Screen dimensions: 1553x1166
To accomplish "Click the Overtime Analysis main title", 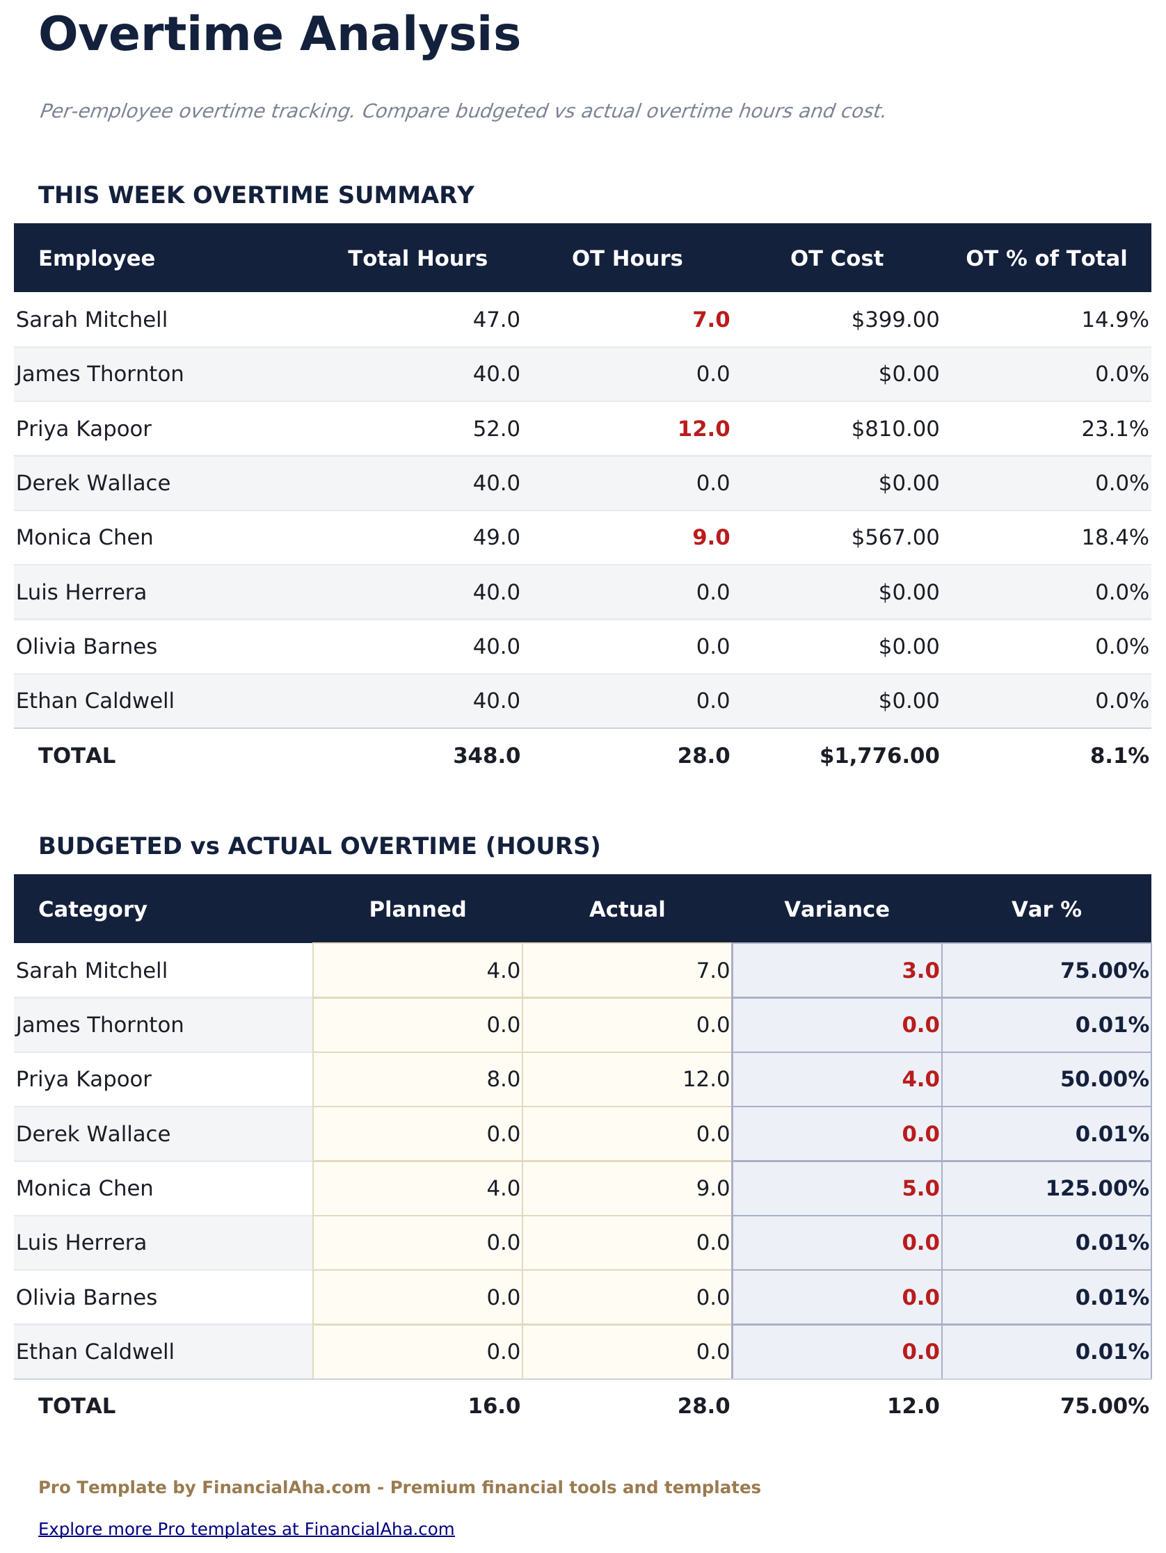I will (x=280, y=35).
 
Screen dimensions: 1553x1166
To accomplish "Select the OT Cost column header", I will (x=836, y=258).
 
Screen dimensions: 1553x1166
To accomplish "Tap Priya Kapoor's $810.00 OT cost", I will (x=895, y=429).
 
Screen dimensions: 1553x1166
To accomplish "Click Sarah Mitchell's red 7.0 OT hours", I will (x=711, y=320).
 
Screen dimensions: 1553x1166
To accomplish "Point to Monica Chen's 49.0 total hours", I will (x=496, y=538).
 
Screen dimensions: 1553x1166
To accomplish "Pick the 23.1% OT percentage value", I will (x=1115, y=429).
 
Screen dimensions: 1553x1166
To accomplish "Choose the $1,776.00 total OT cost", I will (x=879, y=756).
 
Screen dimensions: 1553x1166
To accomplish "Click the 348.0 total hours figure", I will (x=486, y=756).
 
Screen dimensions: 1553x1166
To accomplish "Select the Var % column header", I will (x=1046, y=909).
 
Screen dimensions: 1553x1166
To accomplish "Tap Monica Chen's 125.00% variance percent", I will (x=1097, y=1188).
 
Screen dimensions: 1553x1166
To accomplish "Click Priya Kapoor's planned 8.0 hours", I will (x=503, y=1079).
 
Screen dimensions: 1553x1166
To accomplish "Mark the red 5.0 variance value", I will (x=920, y=1188).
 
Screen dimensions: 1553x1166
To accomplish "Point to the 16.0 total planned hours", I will (x=494, y=1406).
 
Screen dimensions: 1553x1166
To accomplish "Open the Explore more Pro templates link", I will (x=246, y=1529).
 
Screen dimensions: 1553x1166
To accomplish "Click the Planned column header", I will (x=417, y=909).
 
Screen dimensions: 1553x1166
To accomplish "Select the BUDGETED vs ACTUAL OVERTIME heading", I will (x=319, y=846).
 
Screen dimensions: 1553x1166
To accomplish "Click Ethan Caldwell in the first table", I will (x=95, y=701).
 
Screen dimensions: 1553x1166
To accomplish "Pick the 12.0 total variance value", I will (x=913, y=1406).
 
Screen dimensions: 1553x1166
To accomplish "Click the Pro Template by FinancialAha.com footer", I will (x=399, y=1488).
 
